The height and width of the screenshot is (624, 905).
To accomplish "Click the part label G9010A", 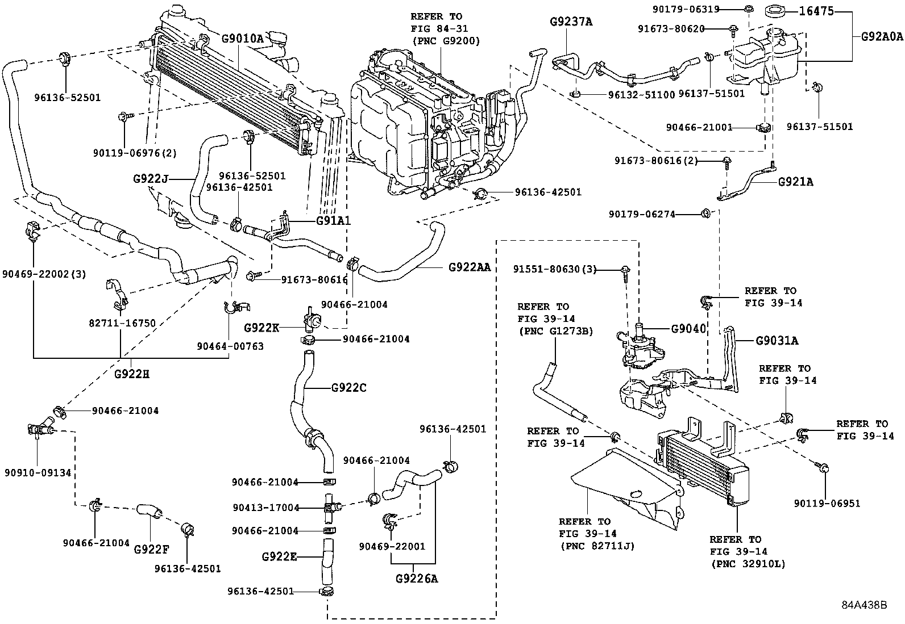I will pos(243,39).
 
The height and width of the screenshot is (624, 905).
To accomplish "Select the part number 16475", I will pos(817,11).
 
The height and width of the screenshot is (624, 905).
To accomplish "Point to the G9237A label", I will pos(571,22).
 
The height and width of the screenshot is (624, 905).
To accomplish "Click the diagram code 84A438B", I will pos(864,605).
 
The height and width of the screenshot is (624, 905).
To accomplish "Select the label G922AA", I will pos(469,266).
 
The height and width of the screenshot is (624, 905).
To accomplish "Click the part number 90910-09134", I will pos(38,472).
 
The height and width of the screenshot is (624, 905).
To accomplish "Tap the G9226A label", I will pos(417,579).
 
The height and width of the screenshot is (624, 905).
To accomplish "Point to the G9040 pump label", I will pos(688,329).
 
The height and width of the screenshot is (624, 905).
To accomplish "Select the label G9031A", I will pos(777,341).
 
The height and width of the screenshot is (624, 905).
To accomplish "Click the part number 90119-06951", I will pos(827,503).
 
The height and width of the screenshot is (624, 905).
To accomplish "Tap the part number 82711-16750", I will pos(122,323).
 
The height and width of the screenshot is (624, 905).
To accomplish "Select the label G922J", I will pos(151,178).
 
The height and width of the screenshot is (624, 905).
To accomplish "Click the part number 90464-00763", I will pos(230,346).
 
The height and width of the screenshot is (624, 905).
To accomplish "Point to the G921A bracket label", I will pos(795,182).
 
